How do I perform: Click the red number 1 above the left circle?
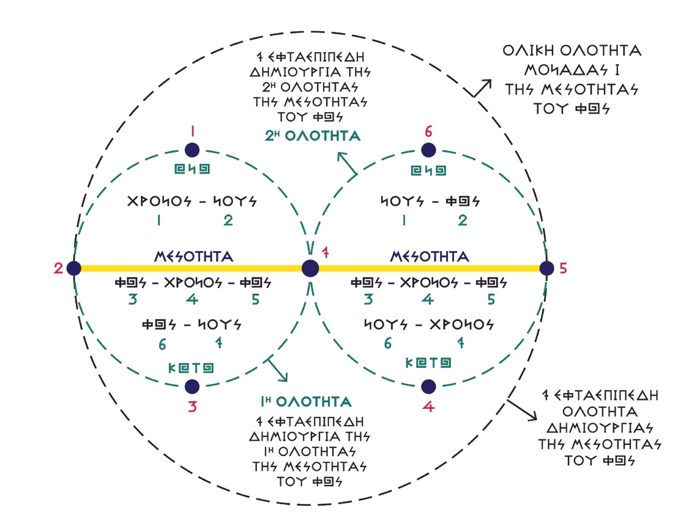click(x=193, y=131)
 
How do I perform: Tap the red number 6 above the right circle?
click(x=428, y=131)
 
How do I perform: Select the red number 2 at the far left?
click(x=59, y=268)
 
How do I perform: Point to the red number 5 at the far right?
click(x=564, y=268)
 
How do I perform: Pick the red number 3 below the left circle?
click(x=192, y=406)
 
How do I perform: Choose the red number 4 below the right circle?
click(x=428, y=406)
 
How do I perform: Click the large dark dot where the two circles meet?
click(x=310, y=268)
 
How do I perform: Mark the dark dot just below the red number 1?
click(x=193, y=150)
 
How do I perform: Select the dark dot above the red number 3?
click(x=192, y=386)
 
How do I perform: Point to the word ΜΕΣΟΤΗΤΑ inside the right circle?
click(x=430, y=256)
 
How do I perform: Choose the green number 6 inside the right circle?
click(x=387, y=344)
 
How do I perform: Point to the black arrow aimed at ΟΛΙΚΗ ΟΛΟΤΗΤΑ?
click(x=480, y=89)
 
